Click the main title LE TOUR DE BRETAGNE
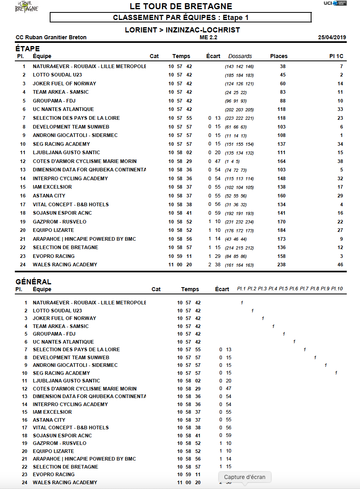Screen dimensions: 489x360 (181, 6)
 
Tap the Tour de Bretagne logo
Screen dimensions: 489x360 (26, 6)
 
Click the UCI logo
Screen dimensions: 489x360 (335, 4)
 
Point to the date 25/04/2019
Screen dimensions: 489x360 (332, 38)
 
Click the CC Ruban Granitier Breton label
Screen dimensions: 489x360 (51, 38)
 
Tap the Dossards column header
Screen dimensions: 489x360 (240, 56)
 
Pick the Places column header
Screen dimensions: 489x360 (279, 56)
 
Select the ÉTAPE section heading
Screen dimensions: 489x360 (28, 49)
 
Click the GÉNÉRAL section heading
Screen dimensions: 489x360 (33, 282)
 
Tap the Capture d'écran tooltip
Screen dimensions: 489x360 (245, 477)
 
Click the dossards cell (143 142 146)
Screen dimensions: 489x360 (239, 66)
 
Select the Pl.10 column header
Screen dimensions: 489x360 (337, 289)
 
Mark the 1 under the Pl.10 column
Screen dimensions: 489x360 (336, 373)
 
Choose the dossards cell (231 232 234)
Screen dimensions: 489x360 (239, 222)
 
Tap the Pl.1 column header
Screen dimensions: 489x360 (241, 289)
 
